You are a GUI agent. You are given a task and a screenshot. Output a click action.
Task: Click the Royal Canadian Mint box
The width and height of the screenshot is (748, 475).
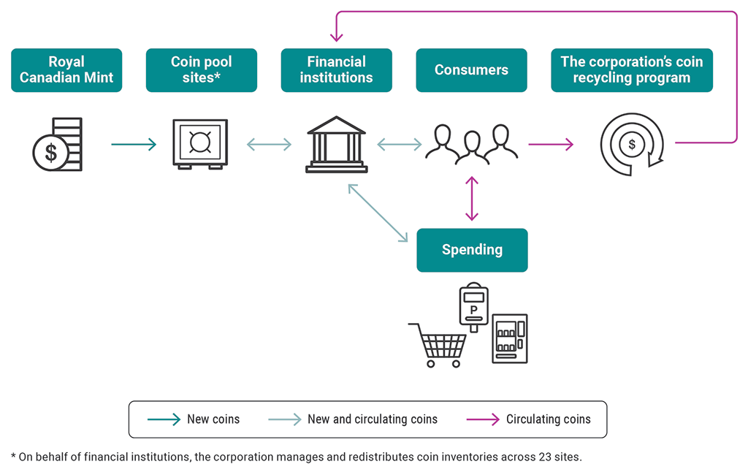66,70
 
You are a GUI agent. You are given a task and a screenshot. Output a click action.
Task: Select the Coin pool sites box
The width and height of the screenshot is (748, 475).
201,70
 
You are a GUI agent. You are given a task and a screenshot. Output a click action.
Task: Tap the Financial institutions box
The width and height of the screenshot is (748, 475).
336,70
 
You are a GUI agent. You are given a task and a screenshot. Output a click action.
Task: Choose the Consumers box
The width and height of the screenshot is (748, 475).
471,70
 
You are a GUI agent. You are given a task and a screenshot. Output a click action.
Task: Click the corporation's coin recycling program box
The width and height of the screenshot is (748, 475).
631,70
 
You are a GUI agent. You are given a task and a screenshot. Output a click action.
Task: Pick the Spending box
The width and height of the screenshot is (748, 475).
472,250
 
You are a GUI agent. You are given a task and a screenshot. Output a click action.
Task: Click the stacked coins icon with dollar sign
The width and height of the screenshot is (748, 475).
58,145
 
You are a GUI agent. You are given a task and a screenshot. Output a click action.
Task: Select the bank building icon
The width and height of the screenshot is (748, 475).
336,144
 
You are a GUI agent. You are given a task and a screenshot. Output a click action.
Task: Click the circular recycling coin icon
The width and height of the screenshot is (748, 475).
631,145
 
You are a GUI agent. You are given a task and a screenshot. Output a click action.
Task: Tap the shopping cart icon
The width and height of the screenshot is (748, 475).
438,344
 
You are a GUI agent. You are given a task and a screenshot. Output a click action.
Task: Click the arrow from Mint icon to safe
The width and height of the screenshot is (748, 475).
134,145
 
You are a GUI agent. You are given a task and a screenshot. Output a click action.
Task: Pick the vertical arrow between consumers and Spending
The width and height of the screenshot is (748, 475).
472,198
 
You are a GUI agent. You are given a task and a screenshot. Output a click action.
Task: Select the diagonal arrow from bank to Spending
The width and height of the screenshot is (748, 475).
378,213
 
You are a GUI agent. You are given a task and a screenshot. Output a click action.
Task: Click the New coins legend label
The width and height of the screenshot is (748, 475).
213,419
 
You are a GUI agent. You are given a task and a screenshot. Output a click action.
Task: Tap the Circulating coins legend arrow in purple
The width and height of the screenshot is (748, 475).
482,419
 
